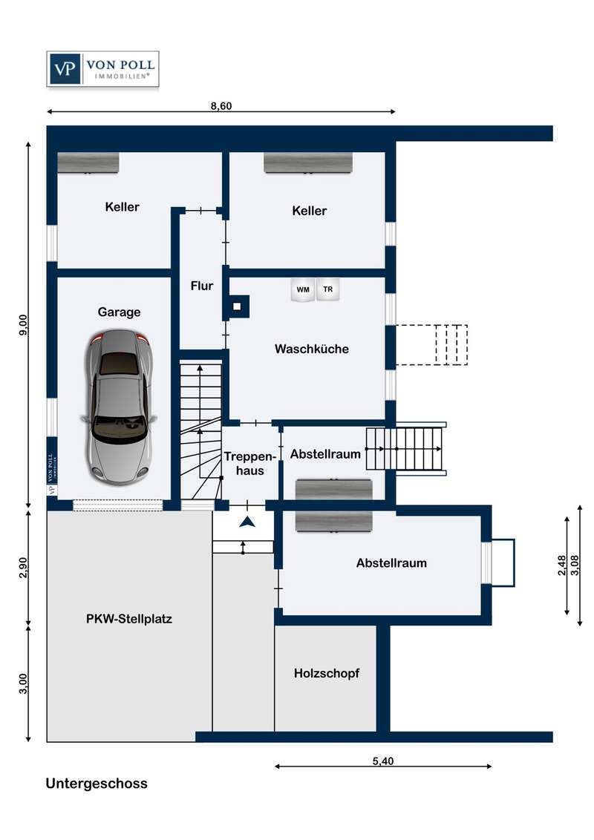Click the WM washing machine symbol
click(x=303, y=290)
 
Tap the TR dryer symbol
click(x=327, y=289)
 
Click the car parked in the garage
click(x=119, y=406)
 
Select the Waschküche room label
click(x=311, y=350)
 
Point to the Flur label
click(x=201, y=286)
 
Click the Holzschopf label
click(x=327, y=673)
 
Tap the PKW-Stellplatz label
click(x=129, y=620)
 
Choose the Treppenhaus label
click(x=249, y=464)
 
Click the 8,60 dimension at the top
click(x=221, y=105)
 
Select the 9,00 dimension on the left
click(x=22, y=324)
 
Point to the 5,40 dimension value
click(x=383, y=761)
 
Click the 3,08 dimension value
click(x=575, y=565)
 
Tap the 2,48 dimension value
click(x=562, y=565)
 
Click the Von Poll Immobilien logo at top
click(x=103, y=68)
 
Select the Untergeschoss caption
click(x=97, y=784)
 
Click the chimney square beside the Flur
click(x=236, y=307)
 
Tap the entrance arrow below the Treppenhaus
click(x=247, y=521)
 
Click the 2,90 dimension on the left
click(x=22, y=568)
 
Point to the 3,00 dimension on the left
click(x=22, y=683)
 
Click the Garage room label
click(x=119, y=312)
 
